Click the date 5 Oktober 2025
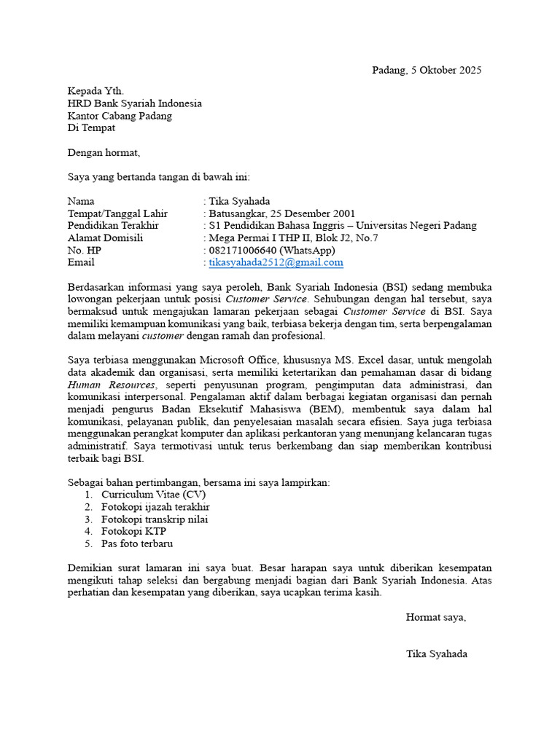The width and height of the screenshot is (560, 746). click(x=444, y=71)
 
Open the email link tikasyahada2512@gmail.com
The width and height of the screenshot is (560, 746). click(x=276, y=262)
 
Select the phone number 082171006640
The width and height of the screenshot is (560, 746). click(x=242, y=250)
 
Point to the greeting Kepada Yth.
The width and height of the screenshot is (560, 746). click(x=96, y=91)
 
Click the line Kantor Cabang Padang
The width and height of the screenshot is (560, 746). click(x=120, y=116)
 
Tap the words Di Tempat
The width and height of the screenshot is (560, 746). click(x=91, y=128)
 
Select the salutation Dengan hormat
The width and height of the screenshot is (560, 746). click(x=103, y=153)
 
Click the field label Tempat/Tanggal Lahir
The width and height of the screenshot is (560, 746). click(x=117, y=213)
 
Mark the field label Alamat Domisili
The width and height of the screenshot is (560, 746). click(x=105, y=237)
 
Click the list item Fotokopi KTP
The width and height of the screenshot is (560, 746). click(x=134, y=531)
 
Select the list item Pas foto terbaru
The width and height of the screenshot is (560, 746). click(x=137, y=543)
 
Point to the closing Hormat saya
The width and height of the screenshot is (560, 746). click(x=435, y=617)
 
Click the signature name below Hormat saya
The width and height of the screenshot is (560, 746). click(x=437, y=653)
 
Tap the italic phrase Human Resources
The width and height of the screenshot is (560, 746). click(x=112, y=385)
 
